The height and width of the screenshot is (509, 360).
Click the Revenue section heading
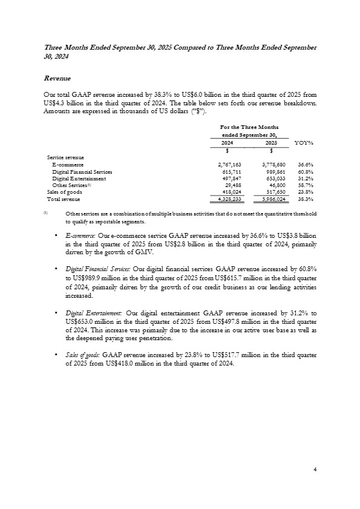[x=58, y=79]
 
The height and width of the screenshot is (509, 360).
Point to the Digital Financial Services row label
[x=82, y=172]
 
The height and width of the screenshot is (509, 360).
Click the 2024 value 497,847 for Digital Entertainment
[x=229, y=179]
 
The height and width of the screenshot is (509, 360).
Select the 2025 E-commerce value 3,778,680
[x=273, y=165]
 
